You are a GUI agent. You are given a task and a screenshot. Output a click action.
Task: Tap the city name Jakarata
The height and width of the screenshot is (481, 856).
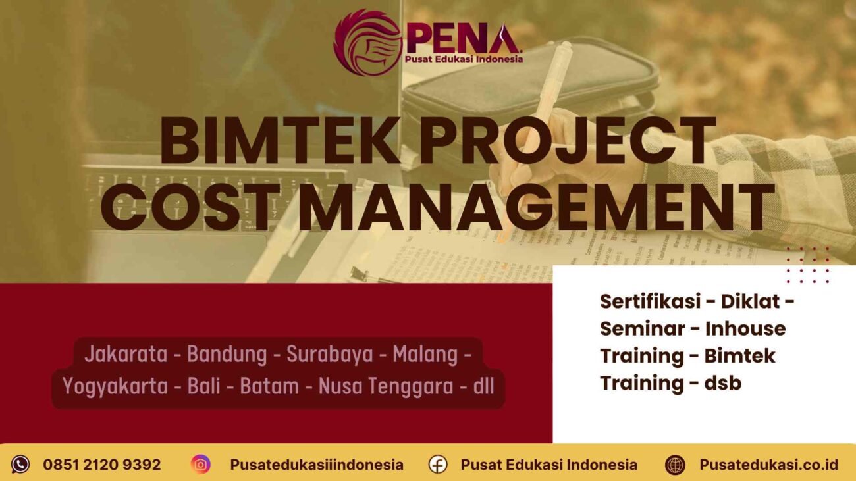pos(125,354)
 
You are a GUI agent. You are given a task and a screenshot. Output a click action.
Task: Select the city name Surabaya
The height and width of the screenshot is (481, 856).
pos(330,354)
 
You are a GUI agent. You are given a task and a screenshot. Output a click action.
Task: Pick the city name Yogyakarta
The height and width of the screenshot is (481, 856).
pos(115,386)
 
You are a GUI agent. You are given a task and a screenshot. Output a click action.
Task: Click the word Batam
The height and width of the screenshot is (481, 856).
pos(269,386)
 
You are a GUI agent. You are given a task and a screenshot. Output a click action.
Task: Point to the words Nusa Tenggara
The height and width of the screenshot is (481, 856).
pos(385,386)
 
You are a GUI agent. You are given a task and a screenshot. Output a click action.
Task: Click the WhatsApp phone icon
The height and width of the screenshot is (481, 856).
pos(20,465)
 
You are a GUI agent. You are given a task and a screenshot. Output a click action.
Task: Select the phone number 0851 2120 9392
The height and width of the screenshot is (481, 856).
pos(102,465)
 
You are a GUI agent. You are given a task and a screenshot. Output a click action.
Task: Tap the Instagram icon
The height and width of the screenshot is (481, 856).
pos(201,465)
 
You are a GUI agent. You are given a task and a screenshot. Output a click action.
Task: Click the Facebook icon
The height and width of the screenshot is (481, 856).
pos(438,465)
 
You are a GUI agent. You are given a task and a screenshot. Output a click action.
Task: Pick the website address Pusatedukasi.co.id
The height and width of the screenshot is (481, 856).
pos(768,465)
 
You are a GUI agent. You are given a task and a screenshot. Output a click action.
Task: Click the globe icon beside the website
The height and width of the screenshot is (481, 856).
pos(675,465)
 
